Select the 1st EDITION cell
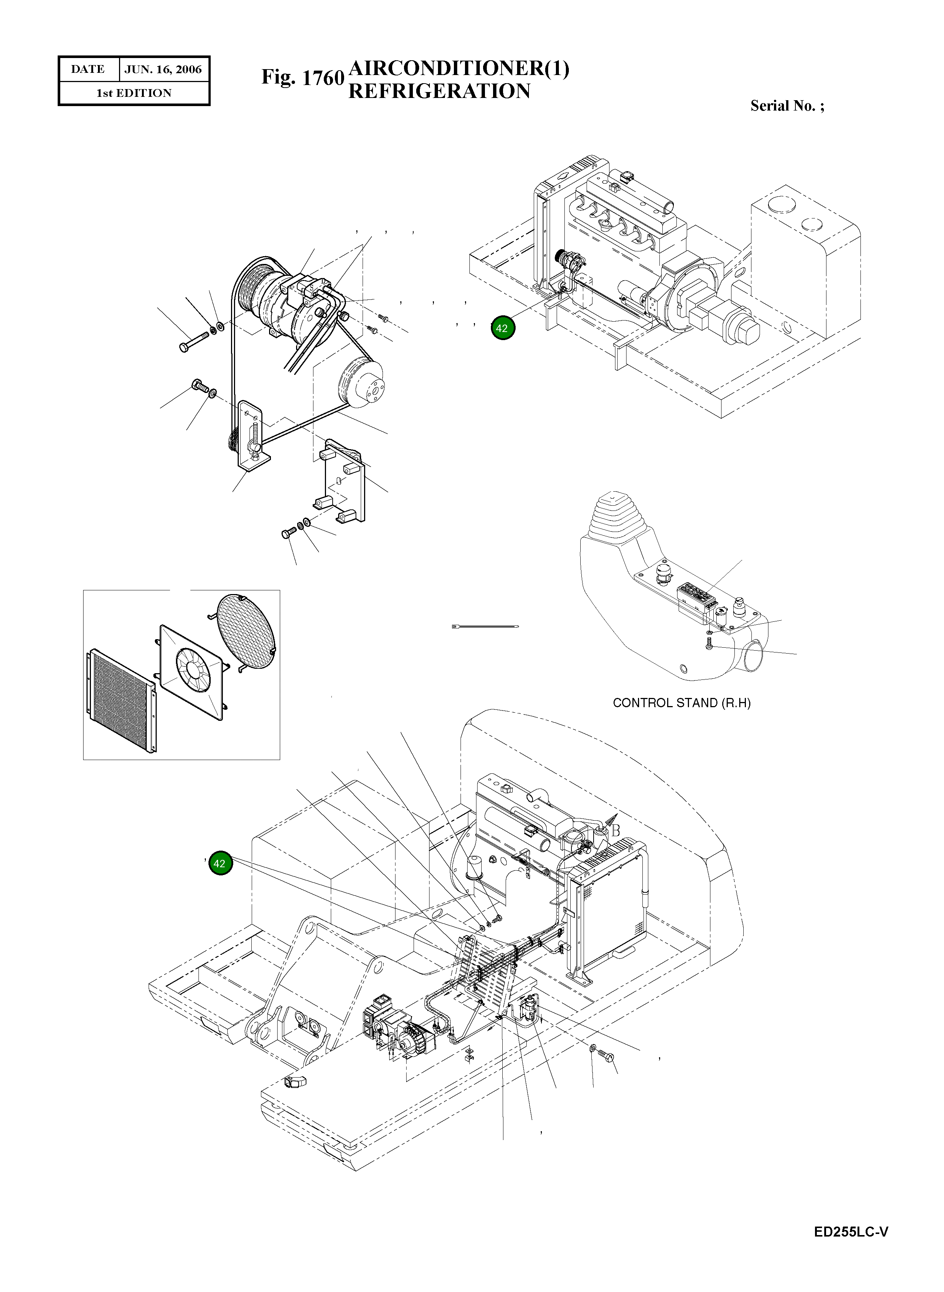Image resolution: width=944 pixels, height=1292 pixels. click(x=134, y=93)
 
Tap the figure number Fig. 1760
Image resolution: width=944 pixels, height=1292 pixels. click(x=302, y=77)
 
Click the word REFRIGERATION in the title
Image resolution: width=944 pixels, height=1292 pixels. click(x=439, y=91)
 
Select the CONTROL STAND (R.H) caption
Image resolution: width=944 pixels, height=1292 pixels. click(x=681, y=703)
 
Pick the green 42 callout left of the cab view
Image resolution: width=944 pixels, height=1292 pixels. click(x=220, y=864)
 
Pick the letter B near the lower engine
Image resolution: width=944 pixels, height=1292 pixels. click(x=615, y=831)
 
